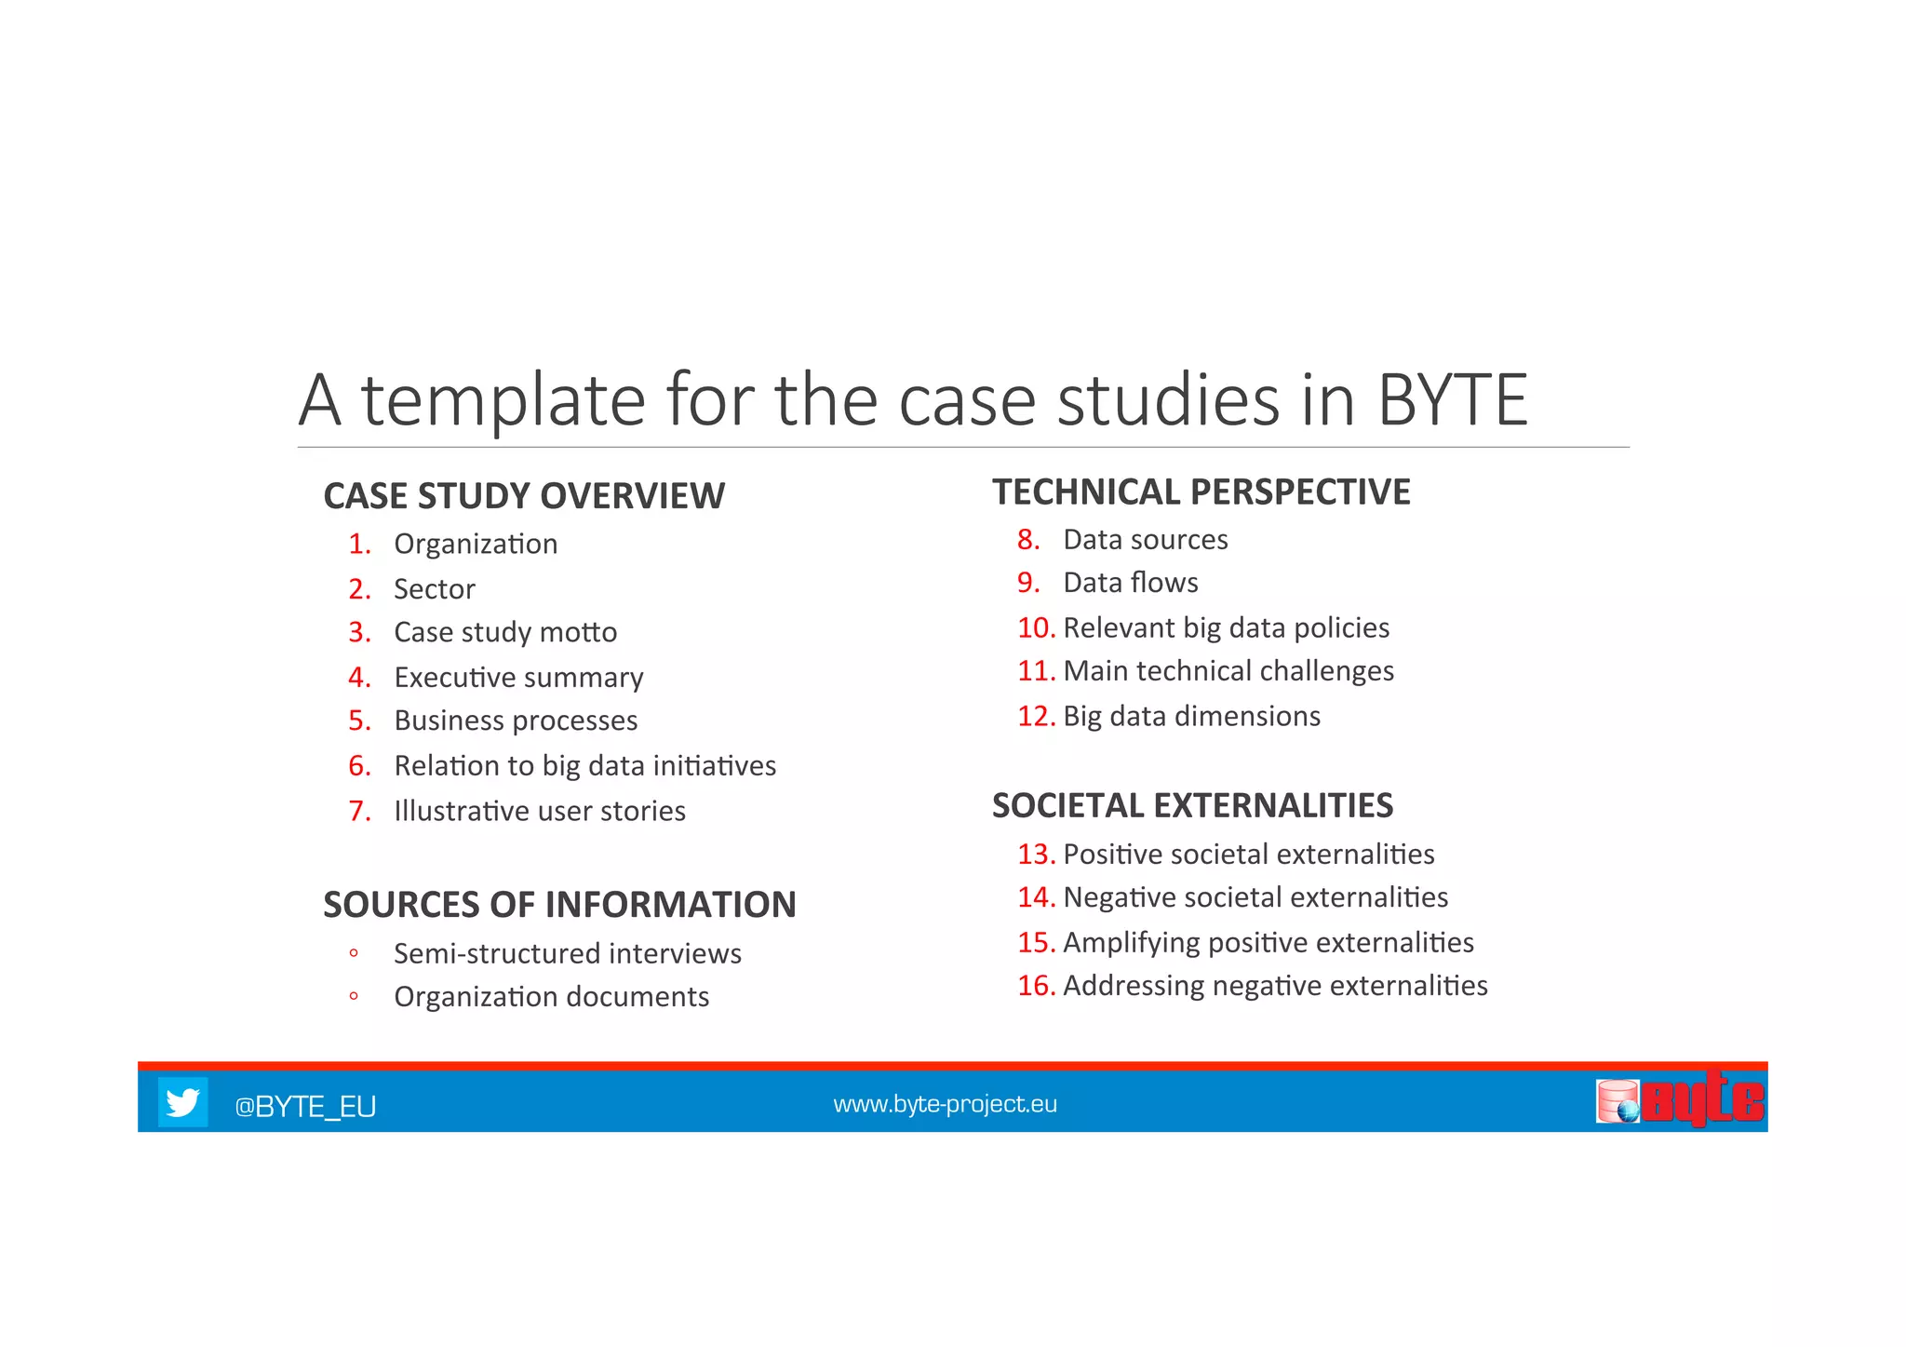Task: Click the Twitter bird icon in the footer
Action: click(182, 1102)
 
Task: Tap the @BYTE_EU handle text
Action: click(305, 1106)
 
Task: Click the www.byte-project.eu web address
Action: click(945, 1104)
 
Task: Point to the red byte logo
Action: click(1700, 1100)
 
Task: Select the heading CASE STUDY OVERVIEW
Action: click(524, 496)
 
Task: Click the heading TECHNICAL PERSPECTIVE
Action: click(1201, 492)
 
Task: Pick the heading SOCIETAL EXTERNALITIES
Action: click(1192, 805)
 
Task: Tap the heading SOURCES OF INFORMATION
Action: click(559, 905)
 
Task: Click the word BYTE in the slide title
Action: click(1452, 400)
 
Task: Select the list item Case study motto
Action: click(505, 632)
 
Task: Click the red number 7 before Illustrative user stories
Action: click(358, 811)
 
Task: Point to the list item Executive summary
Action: click(518, 678)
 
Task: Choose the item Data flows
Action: click(1131, 583)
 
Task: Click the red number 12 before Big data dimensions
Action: click(1035, 716)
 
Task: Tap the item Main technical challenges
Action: click(1228, 671)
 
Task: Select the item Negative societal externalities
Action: click(1255, 897)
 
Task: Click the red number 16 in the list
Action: click(1035, 986)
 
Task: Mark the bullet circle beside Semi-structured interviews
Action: click(354, 953)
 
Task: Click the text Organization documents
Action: click(551, 997)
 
